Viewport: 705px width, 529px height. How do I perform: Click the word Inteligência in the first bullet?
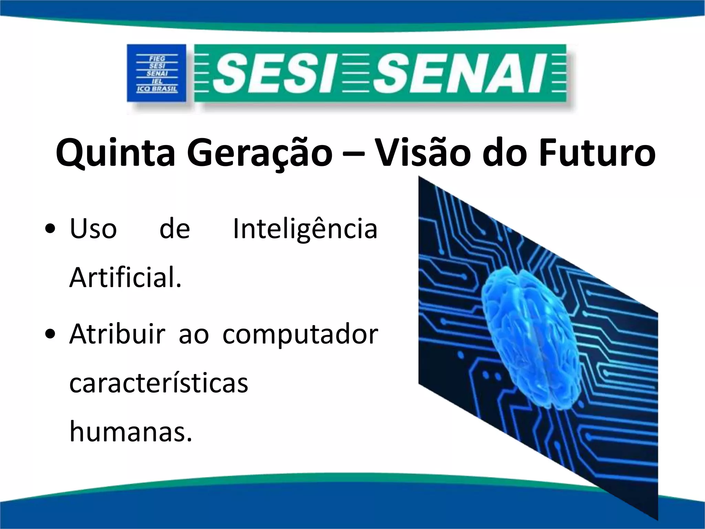click(x=305, y=229)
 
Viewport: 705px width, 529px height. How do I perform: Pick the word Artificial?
click(x=125, y=279)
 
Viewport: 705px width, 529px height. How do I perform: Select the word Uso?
click(x=93, y=229)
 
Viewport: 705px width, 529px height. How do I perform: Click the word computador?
click(x=300, y=335)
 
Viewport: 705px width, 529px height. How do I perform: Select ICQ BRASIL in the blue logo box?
click(x=157, y=89)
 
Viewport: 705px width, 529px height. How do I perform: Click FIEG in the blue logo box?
click(x=157, y=59)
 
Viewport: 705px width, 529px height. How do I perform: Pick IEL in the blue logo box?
click(x=157, y=82)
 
